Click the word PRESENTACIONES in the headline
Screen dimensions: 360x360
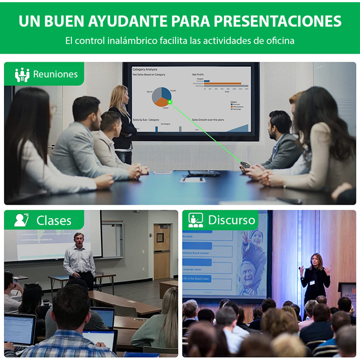277,21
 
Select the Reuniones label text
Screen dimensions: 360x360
55,74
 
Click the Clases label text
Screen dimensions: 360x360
54,220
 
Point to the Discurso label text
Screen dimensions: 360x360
232,220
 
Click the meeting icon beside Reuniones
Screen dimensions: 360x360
22,75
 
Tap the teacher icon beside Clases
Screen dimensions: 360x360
22,220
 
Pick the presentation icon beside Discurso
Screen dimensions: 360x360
195,220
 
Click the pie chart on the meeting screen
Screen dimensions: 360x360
161,96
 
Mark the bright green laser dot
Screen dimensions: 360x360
169,102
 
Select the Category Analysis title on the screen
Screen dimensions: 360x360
145,69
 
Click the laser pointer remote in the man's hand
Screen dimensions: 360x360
245,165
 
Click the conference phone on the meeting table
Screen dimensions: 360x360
204,174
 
